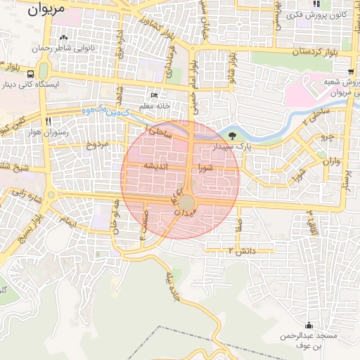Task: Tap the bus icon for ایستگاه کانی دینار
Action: coord(30,73)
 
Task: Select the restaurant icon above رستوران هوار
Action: coord(48,121)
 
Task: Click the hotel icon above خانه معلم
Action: coord(155,96)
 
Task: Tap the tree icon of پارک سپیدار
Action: coord(233,135)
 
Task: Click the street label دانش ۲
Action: coord(240,250)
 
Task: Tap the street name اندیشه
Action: coord(155,166)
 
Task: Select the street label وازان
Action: coord(331,162)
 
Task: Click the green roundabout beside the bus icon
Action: coord(43,71)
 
